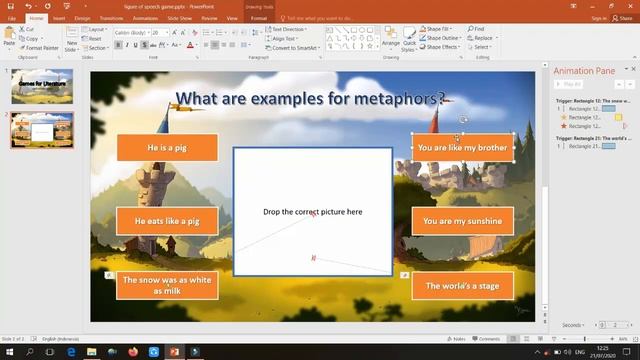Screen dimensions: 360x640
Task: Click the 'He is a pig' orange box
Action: click(x=167, y=148)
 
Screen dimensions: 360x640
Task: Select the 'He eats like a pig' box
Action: click(x=167, y=221)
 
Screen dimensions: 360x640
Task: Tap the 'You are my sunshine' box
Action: click(x=462, y=221)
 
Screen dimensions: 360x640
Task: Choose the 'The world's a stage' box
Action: click(x=462, y=286)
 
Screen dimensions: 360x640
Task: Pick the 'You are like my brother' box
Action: click(x=462, y=148)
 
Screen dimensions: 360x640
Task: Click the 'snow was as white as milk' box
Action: click(x=167, y=285)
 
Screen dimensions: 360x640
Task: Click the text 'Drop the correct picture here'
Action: click(x=312, y=212)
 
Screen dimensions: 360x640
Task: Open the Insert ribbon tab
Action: click(x=59, y=18)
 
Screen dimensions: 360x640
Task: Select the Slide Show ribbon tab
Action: click(x=180, y=18)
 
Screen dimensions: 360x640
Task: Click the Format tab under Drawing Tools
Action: click(x=259, y=18)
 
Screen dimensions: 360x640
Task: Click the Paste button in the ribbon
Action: click(x=9, y=36)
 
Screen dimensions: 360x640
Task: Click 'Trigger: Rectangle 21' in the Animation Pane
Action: click(x=594, y=137)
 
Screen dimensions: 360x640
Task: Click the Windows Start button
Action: click(x=8, y=352)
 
